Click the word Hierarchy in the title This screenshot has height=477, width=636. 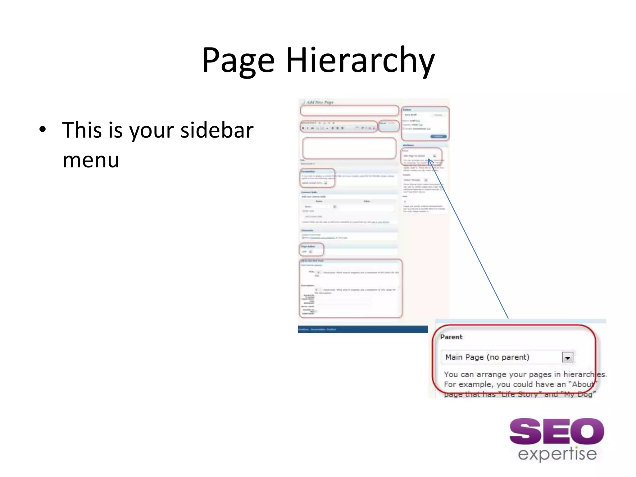coord(360,61)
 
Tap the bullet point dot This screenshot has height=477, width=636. coord(43,129)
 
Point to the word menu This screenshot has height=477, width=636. coord(91,160)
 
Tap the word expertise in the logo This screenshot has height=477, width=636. coord(557,454)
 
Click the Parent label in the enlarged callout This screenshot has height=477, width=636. coord(451,337)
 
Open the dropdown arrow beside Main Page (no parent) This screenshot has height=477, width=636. coord(567,357)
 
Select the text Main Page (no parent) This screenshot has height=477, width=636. coord(487,357)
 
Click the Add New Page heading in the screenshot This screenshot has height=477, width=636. coord(320,102)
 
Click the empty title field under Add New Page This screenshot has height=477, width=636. coord(349,110)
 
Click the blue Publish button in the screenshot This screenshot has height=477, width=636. coord(438,136)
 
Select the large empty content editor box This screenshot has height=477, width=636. coord(349,148)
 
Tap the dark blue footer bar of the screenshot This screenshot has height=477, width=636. coord(362,329)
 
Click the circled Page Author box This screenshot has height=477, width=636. coord(311,249)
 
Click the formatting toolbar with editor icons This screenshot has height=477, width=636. coord(338,127)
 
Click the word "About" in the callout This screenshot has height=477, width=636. coord(583,384)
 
